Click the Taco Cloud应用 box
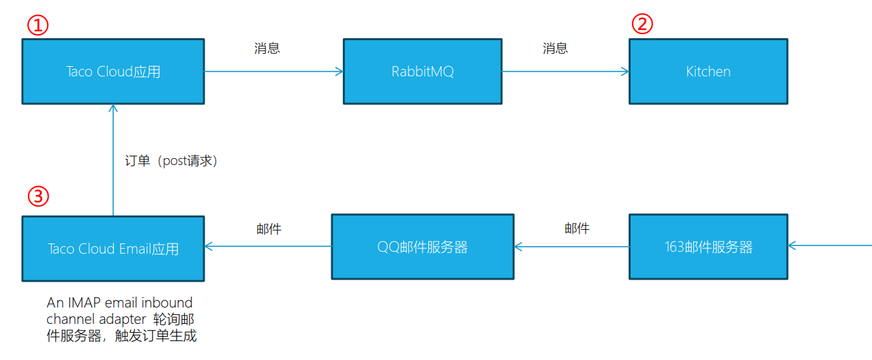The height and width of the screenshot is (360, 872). [113, 71]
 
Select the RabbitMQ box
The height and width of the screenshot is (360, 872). [423, 71]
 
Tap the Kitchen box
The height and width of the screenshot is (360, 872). [708, 71]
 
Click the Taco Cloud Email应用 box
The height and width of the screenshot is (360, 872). [113, 248]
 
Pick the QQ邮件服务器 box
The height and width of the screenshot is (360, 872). [423, 247]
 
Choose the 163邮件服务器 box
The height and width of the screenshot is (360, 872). [708, 247]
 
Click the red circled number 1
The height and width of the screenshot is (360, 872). [38, 26]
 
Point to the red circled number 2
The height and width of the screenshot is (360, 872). [642, 25]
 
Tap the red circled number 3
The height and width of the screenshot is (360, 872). [38, 196]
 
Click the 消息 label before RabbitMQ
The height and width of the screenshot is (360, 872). [267, 48]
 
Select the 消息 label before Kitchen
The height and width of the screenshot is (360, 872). [556, 48]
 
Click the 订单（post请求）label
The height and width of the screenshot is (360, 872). [171, 161]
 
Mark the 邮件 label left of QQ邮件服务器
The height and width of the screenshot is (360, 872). [269, 229]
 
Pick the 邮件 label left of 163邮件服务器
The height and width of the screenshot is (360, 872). [577, 228]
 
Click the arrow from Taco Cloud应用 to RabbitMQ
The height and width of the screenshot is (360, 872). [273, 71]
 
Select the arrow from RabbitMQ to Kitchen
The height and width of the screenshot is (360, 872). [565, 71]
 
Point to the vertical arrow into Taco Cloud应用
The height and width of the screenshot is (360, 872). [113, 160]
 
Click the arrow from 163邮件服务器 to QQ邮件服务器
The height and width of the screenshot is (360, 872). [571, 246]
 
